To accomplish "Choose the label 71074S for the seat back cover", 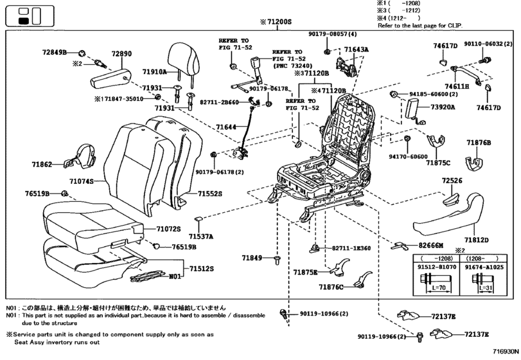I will [x=81, y=182].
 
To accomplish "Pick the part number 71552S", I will [x=209, y=193].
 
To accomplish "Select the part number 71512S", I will [x=202, y=269].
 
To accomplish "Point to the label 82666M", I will [x=431, y=246].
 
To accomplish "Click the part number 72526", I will [x=452, y=181].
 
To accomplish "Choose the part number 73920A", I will [x=443, y=107].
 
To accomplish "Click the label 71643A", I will [x=356, y=49].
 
